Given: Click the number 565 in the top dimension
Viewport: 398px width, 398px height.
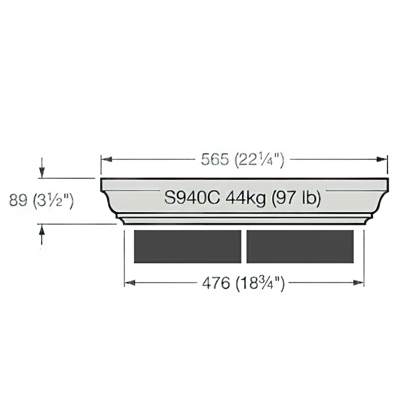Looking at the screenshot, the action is (215, 160).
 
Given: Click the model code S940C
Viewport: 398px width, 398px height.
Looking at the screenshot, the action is (192, 197).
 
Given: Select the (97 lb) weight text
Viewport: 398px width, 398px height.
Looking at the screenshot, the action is (296, 198).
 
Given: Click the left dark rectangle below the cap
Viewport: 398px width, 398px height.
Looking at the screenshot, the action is (187, 246).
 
